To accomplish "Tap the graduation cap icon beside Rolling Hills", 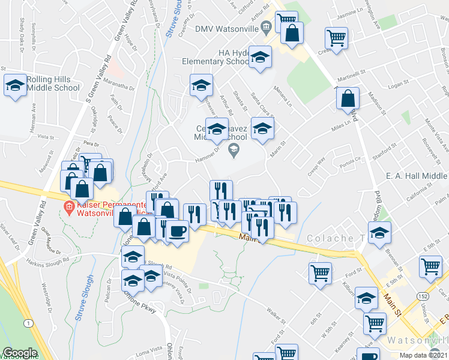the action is [15, 85].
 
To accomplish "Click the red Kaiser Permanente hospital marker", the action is [70, 208].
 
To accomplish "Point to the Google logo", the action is [20, 353].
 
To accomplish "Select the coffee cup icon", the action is [177, 230].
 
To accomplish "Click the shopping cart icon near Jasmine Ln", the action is [336, 40].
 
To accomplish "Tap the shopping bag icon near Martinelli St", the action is [348, 99].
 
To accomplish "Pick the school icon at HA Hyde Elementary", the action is [260, 59].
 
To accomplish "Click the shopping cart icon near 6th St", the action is [320, 274].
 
